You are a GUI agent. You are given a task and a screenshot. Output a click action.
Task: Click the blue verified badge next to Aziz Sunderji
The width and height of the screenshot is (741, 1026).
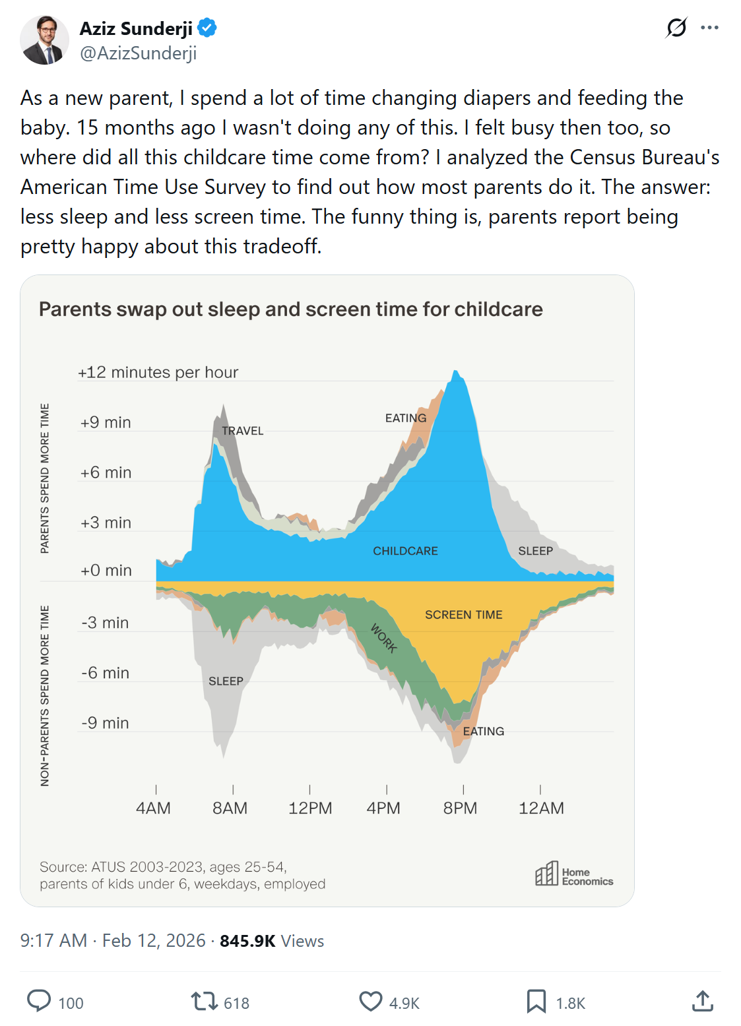(207, 28)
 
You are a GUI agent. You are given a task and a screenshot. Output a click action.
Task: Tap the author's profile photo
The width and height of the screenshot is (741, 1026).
(44, 40)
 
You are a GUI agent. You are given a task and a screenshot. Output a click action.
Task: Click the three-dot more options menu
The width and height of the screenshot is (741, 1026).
(709, 28)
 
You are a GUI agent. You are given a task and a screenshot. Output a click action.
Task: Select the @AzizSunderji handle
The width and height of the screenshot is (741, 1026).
(138, 53)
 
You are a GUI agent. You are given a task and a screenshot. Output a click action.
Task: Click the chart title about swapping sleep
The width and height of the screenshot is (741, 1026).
(290, 309)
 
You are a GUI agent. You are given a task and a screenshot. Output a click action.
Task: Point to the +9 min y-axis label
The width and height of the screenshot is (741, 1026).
(106, 422)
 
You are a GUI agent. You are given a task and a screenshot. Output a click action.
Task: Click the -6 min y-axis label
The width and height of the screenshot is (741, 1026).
(105, 673)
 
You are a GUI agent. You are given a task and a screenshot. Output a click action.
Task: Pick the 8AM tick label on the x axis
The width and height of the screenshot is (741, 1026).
(230, 808)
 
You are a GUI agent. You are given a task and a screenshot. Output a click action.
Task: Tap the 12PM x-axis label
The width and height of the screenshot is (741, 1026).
(310, 808)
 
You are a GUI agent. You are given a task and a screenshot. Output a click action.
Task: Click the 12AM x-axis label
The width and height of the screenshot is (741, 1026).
(541, 808)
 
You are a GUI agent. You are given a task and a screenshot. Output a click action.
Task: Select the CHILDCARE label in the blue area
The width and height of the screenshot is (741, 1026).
(405, 551)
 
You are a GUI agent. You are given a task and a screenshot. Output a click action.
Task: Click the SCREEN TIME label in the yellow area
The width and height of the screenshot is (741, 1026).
(463, 615)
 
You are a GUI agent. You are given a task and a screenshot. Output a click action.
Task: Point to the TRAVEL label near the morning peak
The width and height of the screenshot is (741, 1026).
(242, 431)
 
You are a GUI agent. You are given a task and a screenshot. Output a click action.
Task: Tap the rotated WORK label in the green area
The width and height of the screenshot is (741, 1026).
(383, 638)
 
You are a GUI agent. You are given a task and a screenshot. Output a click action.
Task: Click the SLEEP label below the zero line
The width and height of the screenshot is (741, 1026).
(226, 681)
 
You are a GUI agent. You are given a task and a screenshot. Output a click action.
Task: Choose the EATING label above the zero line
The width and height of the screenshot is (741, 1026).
(406, 418)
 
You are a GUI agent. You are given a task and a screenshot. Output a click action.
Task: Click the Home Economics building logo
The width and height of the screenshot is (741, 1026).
(546, 874)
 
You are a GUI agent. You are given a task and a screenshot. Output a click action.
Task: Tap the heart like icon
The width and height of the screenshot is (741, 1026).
(371, 1002)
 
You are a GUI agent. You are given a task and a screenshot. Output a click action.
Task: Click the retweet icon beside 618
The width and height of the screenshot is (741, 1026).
(204, 1002)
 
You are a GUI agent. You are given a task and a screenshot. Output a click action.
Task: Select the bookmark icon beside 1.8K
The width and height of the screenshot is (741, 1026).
(536, 1002)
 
